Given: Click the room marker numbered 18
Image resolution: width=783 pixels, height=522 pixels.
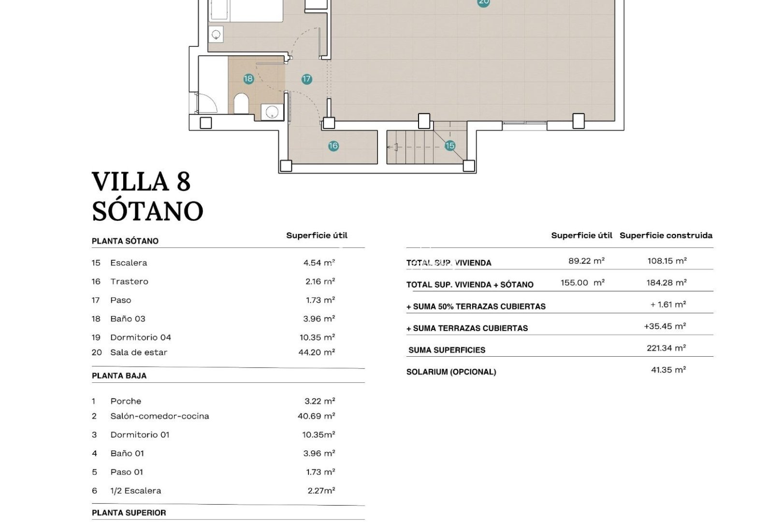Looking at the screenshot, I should [248, 79].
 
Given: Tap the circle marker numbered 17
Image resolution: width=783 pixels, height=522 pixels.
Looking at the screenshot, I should [306, 79].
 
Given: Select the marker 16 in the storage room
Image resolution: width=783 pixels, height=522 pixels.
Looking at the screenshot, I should [333, 145].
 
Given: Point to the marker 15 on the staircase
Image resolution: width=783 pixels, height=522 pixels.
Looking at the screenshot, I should [450, 145].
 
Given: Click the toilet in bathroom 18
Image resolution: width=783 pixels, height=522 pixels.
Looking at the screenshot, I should [241, 103].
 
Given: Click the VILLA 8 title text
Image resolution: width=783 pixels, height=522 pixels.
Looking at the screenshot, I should [141, 182].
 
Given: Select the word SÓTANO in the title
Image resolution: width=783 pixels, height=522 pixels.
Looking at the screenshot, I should [147, 211].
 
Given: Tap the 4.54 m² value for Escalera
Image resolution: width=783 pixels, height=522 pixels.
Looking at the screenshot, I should [319, 263].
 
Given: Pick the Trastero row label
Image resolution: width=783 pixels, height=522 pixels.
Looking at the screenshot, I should [129, 281].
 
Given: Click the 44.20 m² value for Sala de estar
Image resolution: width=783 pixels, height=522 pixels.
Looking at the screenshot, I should [317, 352].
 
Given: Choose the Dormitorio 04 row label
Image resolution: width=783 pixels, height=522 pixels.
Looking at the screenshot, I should [140, 337].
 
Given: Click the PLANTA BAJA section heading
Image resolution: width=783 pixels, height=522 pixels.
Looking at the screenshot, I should [119, 376].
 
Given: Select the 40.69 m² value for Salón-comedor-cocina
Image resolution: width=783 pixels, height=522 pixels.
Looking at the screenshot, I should [317, 416].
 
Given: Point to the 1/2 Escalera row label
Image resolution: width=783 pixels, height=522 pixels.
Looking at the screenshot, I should [135, 491].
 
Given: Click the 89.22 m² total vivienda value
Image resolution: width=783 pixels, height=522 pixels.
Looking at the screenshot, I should [586, 261].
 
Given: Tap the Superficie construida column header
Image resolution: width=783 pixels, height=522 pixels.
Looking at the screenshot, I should [666, 235].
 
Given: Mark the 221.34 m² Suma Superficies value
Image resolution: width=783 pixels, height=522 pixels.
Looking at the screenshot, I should [666, 348].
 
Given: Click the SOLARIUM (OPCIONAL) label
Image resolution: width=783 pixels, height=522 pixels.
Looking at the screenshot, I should [451, 372].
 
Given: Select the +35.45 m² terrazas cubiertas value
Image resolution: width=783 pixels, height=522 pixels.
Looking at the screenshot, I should [665, 326].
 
